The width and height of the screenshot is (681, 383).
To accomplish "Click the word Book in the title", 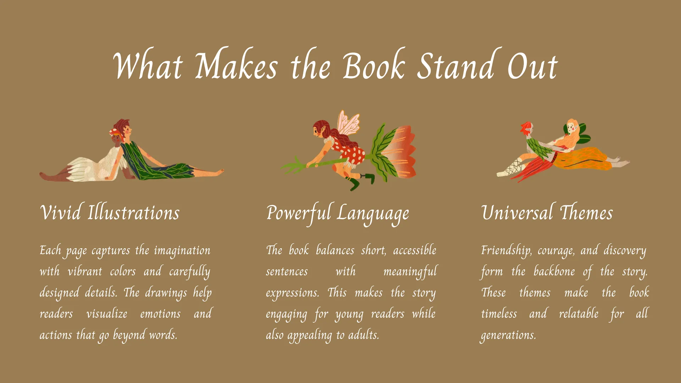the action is click(x=374, y=66).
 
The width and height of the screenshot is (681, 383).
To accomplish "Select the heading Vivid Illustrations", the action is click(x=110, y=212).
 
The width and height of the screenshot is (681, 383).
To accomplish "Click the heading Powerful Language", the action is click(x=337, y=214).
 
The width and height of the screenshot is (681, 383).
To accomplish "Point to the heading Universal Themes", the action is click(x=547, y=212).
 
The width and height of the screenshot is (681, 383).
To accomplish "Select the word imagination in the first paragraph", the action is click(x=182, y=251).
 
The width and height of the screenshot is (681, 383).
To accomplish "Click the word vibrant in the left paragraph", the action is click(x=85, y=271).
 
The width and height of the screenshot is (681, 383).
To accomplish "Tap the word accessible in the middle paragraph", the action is click(x=415, y=250).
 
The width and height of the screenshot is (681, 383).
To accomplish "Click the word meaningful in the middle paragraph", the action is click(x=410, y=272).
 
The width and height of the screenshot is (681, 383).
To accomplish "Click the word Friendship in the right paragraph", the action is click(x=506, y=251).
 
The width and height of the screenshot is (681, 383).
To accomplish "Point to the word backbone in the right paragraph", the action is click(x=554, y=271).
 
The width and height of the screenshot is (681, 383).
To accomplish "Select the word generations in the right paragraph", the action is click(x=508, y=335).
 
